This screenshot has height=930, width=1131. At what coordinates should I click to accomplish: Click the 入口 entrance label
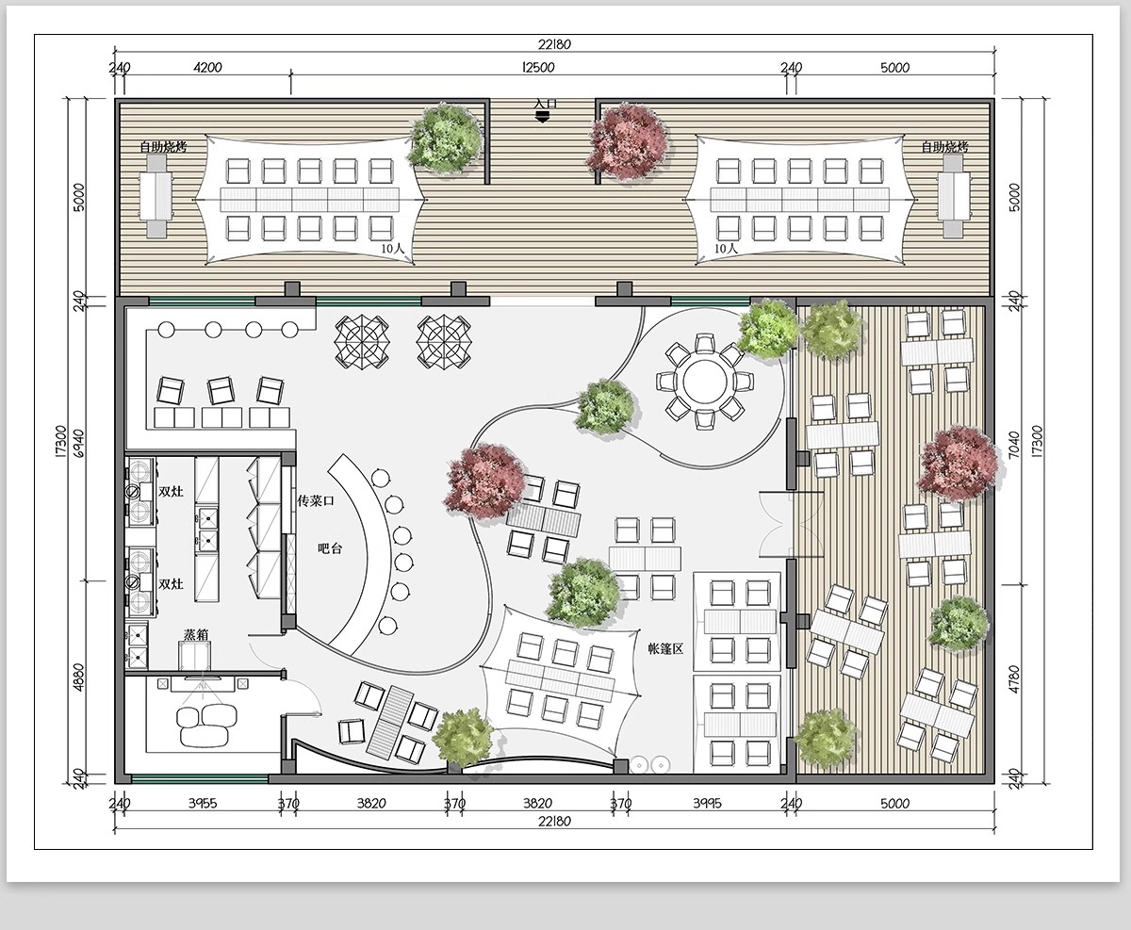click(546, 104)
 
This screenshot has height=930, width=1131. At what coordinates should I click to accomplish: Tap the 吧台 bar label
click(330, 548)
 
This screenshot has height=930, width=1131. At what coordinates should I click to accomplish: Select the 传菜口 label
click(316, 500)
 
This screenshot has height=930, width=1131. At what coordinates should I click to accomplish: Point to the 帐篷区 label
click(665, 649)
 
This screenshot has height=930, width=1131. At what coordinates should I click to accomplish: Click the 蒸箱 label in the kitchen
click(196, 635)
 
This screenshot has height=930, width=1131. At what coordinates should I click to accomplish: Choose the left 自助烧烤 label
click(164, 146)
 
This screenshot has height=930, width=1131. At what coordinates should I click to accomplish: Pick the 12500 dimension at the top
click(538, 68)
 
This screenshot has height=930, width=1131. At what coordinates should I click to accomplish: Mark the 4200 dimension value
click(207, 68)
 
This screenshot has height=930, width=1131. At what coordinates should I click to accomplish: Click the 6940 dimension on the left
click(79, 443)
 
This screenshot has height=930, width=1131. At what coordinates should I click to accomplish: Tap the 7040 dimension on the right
click(1013, 445)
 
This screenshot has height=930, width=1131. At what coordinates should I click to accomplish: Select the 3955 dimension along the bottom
click(203, 804)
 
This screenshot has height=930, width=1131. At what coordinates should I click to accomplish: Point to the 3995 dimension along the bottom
click(707, 804)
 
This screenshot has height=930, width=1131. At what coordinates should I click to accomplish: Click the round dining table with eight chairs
click(705, 382)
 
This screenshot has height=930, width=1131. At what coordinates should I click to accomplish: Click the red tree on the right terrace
click(959, 465)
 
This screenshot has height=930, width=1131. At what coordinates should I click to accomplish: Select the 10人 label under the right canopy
click(726, 248)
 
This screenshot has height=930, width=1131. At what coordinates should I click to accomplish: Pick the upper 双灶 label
click(172, 491)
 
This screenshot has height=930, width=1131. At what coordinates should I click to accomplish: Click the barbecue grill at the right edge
click(954, 196)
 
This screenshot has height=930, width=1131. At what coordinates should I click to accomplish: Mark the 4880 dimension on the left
click(79, 677)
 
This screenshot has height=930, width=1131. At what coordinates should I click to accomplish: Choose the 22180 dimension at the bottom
click(554, 822)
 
